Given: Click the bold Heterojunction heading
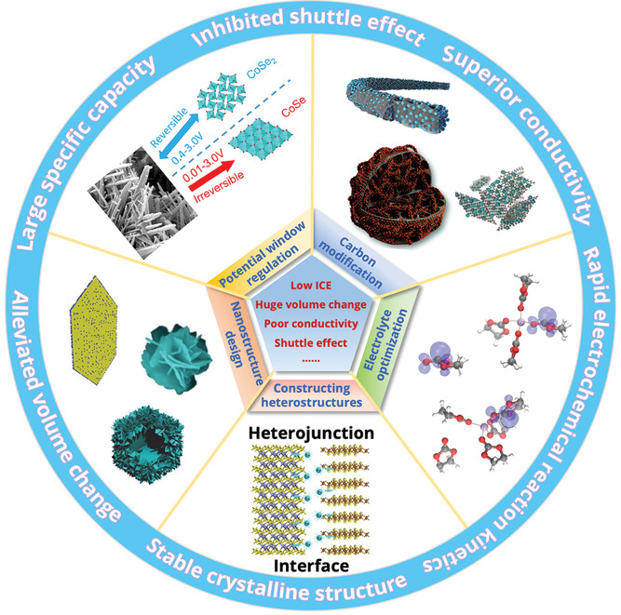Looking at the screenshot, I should point(311,434).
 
